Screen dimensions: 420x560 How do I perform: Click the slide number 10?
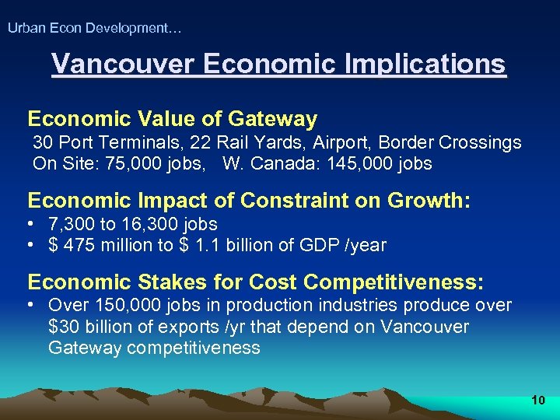pos(537,401)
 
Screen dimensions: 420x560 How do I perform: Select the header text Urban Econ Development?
pos(93,29)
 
